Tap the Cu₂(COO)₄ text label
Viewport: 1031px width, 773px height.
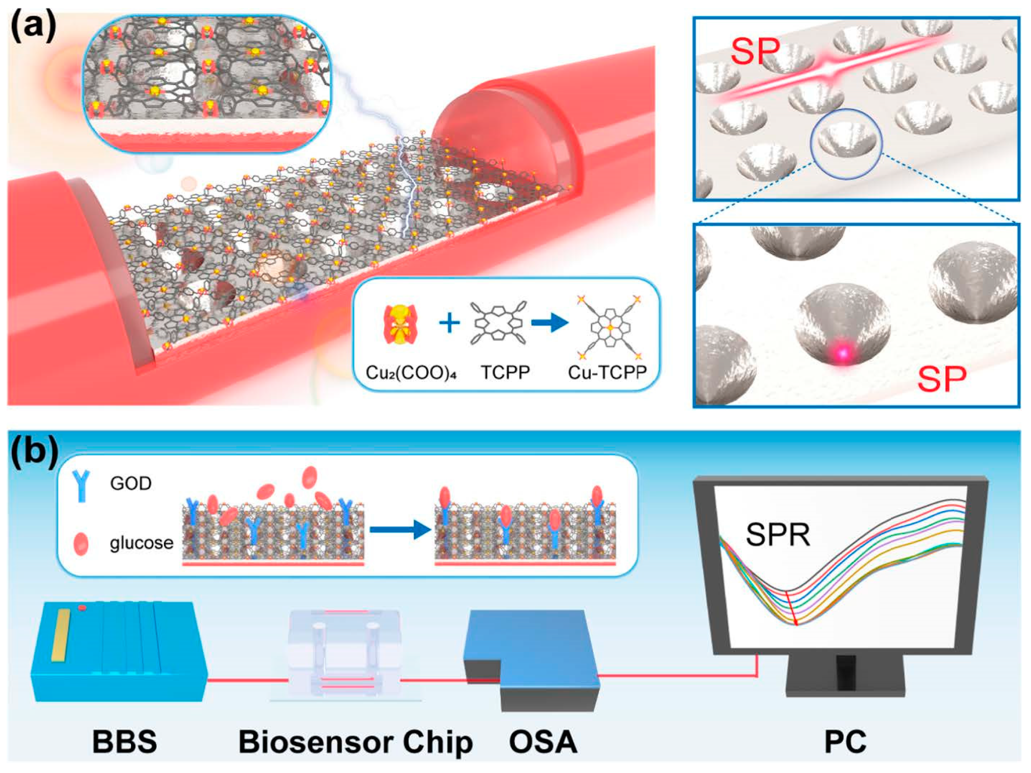tap(411, 373)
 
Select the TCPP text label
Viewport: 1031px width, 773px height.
tap(505, 373)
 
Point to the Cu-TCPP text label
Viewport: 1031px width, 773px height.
tap(607, 373)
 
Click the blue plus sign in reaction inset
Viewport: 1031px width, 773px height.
tap(449, 323)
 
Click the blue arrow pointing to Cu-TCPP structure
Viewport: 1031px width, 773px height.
tap(549, 323)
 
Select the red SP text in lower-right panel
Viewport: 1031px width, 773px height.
tap(942, 379)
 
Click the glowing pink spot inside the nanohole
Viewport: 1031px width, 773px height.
tap(843, 352)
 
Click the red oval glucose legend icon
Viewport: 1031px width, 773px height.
tap(81, 544)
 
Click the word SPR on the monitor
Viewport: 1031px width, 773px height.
tap(778, 535)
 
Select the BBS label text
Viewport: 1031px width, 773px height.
tap(124, 742)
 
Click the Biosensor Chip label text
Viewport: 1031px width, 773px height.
tap(355, 742)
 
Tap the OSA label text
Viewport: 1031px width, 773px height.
tap(543, 742)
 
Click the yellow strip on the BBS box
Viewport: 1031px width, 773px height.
tap(61, 635)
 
